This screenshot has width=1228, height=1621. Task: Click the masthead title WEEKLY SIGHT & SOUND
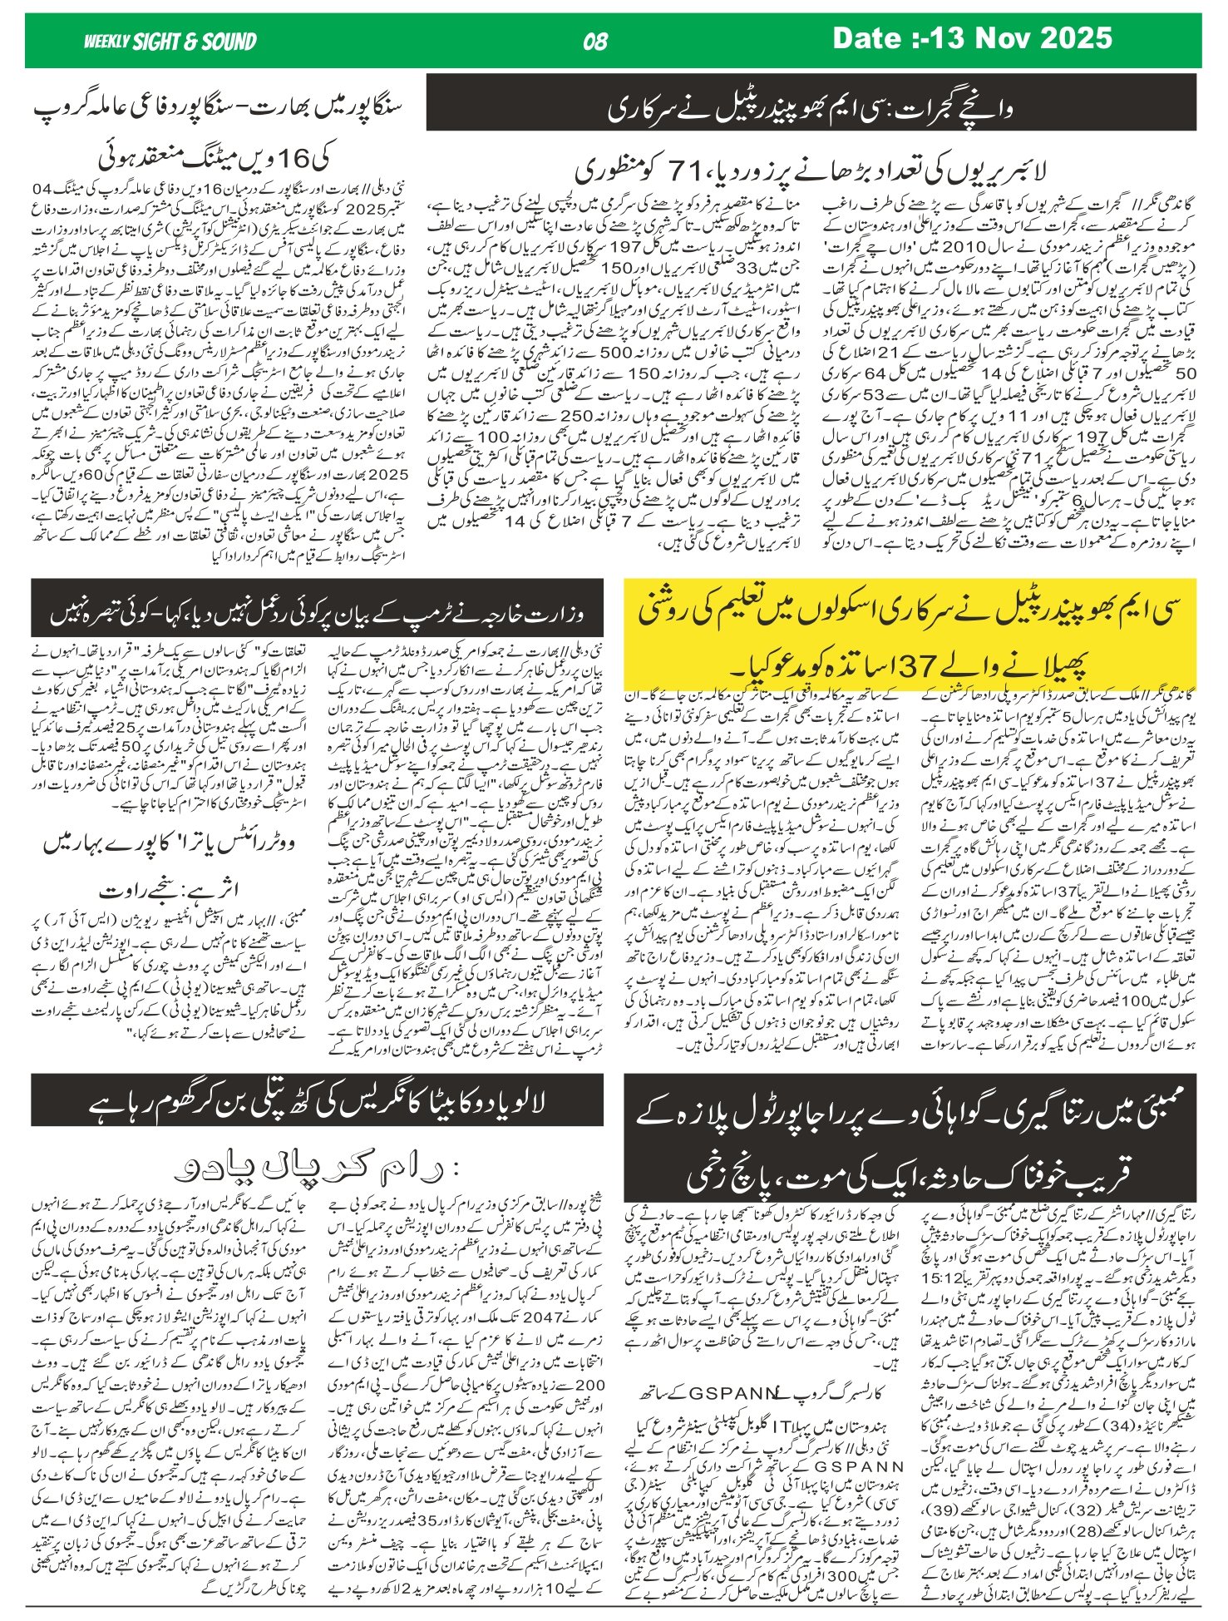point(170,42)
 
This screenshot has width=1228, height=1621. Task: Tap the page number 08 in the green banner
point(595,42)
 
